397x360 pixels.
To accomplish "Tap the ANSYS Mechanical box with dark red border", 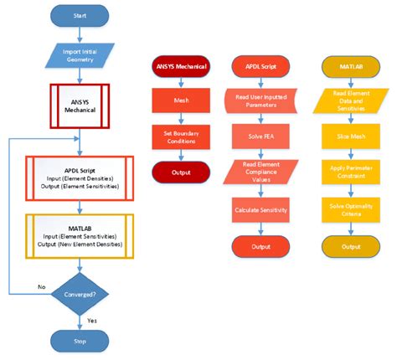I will [79, 105].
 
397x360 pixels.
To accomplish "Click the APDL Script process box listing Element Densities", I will [79, 179].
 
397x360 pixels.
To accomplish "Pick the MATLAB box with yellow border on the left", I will [79, 237].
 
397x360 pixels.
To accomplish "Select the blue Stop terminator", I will [79, 340].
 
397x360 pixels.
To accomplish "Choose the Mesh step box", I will [181, 100].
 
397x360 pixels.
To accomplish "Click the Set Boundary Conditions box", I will [181, 136].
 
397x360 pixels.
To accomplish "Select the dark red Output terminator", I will [181, 173].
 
